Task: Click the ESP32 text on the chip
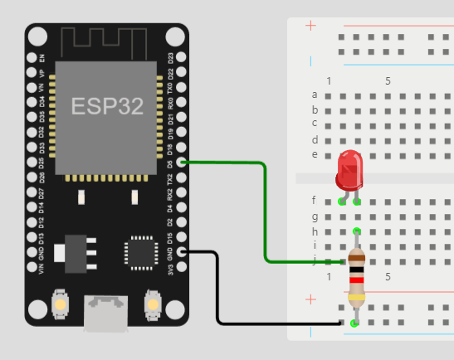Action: tap(106, 106)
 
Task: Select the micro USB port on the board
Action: tap(105, 314)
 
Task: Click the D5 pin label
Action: tap(171, 163)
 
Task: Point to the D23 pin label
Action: tap(171, 58)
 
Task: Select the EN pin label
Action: tap(42, 58)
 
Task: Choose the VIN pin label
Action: tap(42, 269)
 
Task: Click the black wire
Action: tap(218, 290)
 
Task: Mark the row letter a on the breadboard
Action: tap(315, 95)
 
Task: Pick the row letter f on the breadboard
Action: tap(315, 200)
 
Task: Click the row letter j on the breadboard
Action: tap(315, 260)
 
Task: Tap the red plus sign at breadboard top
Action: tap(311, 26)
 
